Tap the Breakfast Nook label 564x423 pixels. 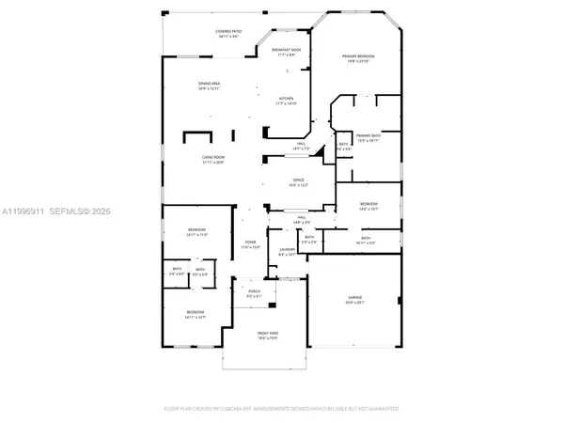coord(286,50)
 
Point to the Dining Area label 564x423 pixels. coord(209,84)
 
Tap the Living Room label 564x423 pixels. coord(213,158)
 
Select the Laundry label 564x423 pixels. coord(288,249)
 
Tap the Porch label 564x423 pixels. coord(254,291)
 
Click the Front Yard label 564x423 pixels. coord(269,333)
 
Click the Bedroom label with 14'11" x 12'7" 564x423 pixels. coord(195,311)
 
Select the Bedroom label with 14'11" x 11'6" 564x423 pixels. coord(196,230)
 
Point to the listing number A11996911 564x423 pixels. coord(20,211)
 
